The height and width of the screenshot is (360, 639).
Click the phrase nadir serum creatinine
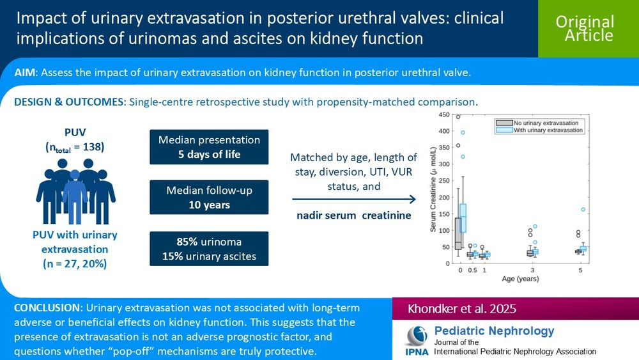point(353,215)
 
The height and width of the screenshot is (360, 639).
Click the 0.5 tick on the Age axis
point(472,270)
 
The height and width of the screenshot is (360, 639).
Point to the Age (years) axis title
point(520,279)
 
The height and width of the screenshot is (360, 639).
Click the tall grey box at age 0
point(458,233)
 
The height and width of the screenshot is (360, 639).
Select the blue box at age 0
point(463,218)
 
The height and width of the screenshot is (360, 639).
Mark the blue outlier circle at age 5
point(583,209)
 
